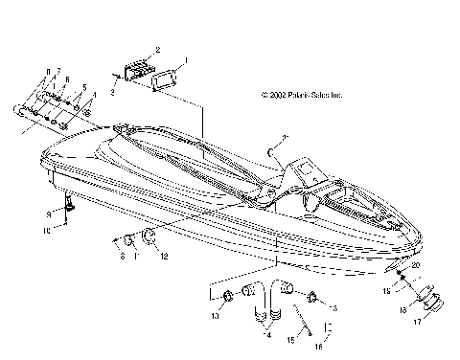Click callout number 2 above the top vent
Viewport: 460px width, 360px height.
[157, 48]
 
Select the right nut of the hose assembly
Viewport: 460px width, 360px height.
[313, 296]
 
